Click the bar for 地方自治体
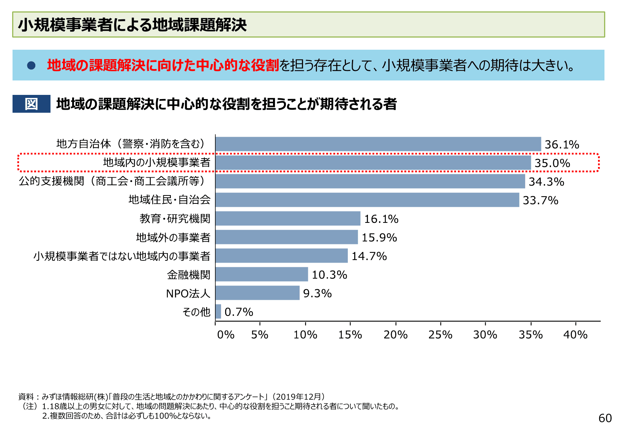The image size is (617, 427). point(378,144)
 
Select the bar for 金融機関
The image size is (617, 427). point(262,274)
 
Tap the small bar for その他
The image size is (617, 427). point(218,312)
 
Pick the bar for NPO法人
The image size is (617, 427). point(257,293)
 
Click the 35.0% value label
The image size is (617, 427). point(552,163)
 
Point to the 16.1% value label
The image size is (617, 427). point(381,219)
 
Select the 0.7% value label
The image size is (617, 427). point(239,312)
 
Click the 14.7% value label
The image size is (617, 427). point(369,256)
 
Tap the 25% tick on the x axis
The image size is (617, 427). point(440,335)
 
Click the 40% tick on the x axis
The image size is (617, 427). point(575,335)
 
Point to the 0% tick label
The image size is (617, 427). point(226,335)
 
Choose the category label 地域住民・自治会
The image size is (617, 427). point(169,200)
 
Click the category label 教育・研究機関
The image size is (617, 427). point(175,219)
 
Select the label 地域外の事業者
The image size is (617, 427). point(173,238)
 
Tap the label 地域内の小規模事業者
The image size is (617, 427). point(156,162)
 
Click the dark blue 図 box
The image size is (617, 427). point(31,104)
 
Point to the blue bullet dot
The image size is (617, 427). point(31,66)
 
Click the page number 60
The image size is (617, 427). point(605,418)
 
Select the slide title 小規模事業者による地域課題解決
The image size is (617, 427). point(133,25)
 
